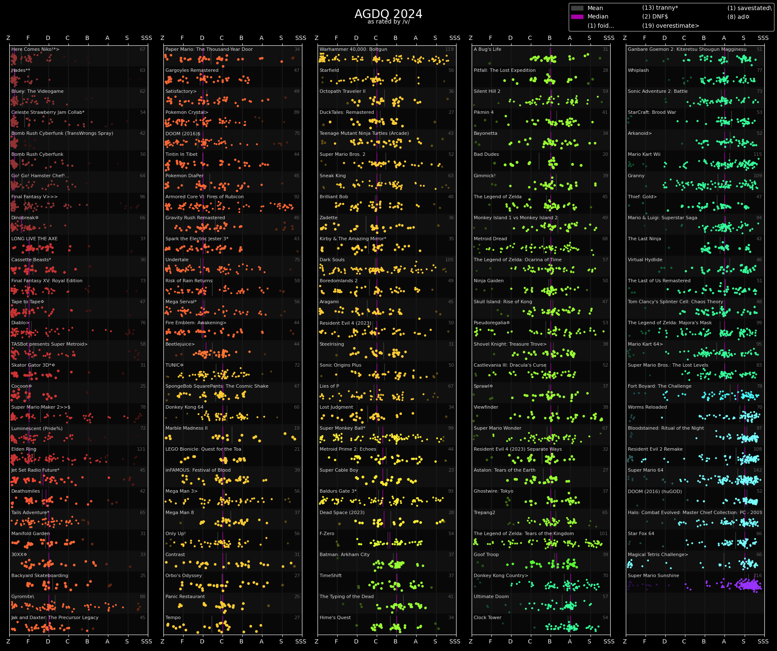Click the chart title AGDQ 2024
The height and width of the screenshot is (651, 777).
(388, 14)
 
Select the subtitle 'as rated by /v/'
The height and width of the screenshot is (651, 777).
(388, 22)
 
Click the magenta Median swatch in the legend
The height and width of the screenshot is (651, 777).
(577, 17)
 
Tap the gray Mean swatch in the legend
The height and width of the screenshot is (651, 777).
(577, 8)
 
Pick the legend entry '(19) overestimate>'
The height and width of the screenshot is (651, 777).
(670, 26)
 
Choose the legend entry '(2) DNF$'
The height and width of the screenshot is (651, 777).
(655, 17)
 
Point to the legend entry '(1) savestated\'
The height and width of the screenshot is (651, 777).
(749, 8)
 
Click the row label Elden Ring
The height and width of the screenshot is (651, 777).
(24, 449)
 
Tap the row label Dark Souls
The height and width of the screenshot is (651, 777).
(332, 260)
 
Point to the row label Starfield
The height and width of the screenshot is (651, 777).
(329, 71)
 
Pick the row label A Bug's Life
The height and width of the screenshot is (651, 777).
(487, 50)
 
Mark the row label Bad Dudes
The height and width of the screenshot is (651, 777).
(486, 155)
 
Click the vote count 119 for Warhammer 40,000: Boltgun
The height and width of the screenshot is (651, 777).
(449, 50)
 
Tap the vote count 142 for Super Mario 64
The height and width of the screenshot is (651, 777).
(758, 470)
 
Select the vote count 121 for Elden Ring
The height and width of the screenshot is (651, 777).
(141, 449)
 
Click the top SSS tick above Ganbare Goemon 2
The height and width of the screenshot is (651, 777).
(763, 38)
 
